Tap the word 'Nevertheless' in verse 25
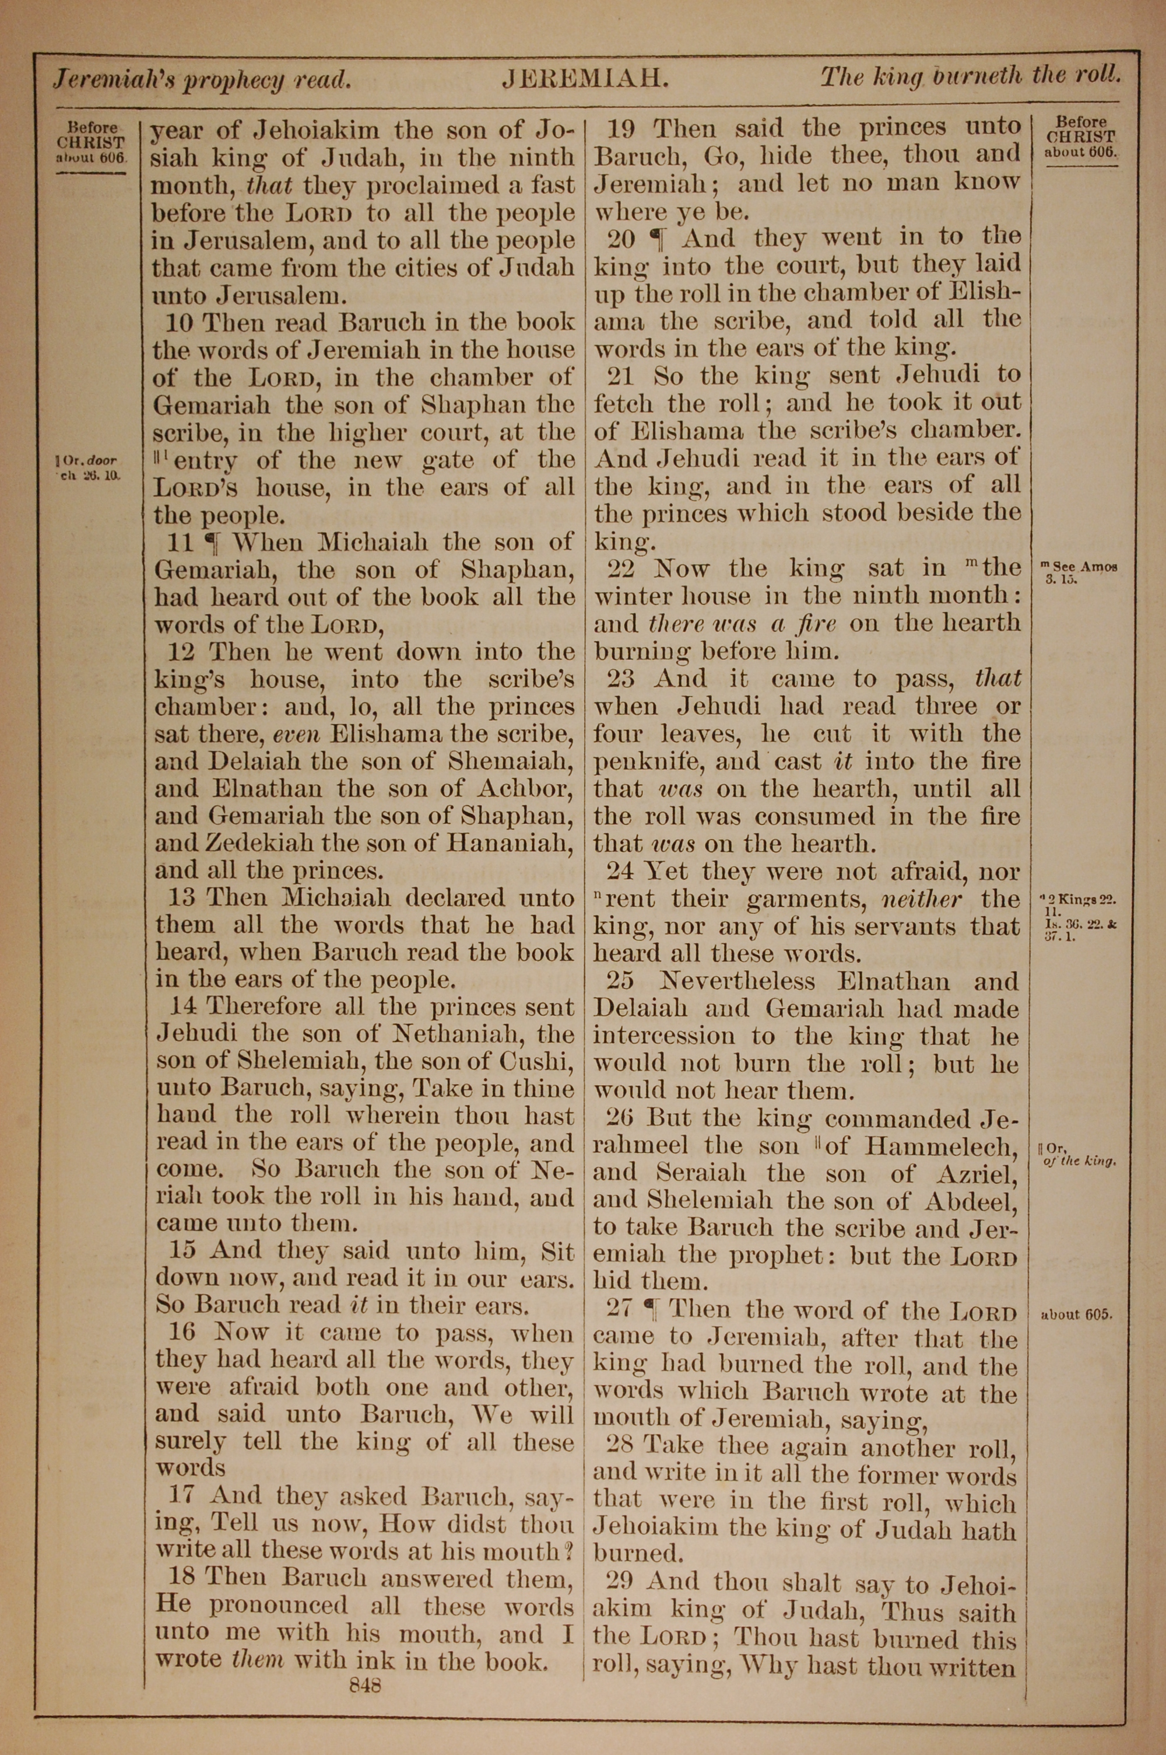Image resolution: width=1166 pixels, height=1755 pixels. [x=736, y=981]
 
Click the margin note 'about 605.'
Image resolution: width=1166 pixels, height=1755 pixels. [x=1076, y=1314]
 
